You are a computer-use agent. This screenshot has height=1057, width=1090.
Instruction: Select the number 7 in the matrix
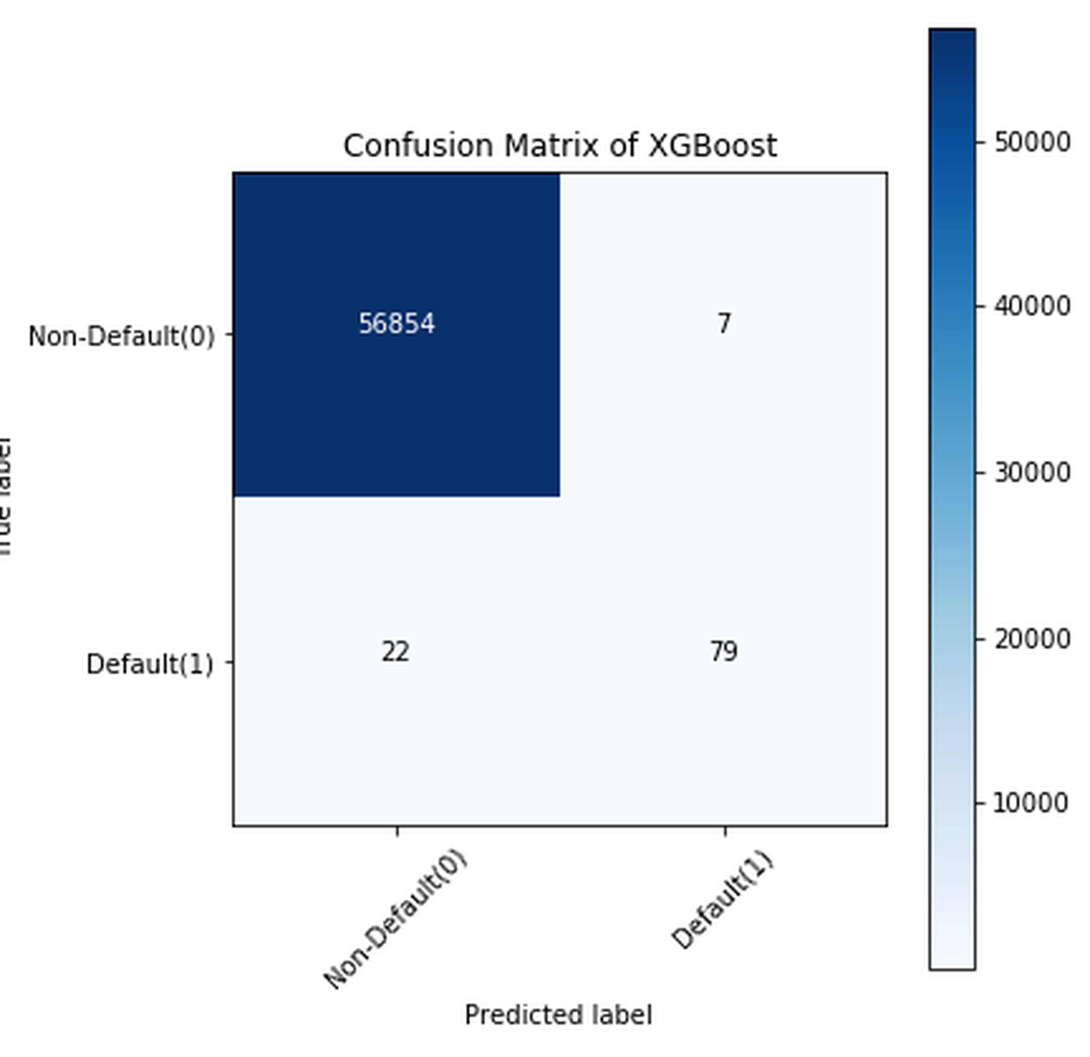[723, 324]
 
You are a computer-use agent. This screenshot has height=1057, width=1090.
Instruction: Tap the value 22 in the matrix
[395, 652]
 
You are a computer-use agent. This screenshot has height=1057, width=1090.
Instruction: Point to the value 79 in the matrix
[723, 652]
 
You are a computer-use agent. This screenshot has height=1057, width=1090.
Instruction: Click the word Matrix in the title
[550, 146]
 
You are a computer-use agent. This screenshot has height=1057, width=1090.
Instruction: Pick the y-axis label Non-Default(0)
[121, 336]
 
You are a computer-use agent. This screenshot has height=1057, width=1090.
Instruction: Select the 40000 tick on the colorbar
[1032, 306]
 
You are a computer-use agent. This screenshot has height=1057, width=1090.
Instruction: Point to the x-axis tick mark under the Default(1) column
[725, 831]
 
